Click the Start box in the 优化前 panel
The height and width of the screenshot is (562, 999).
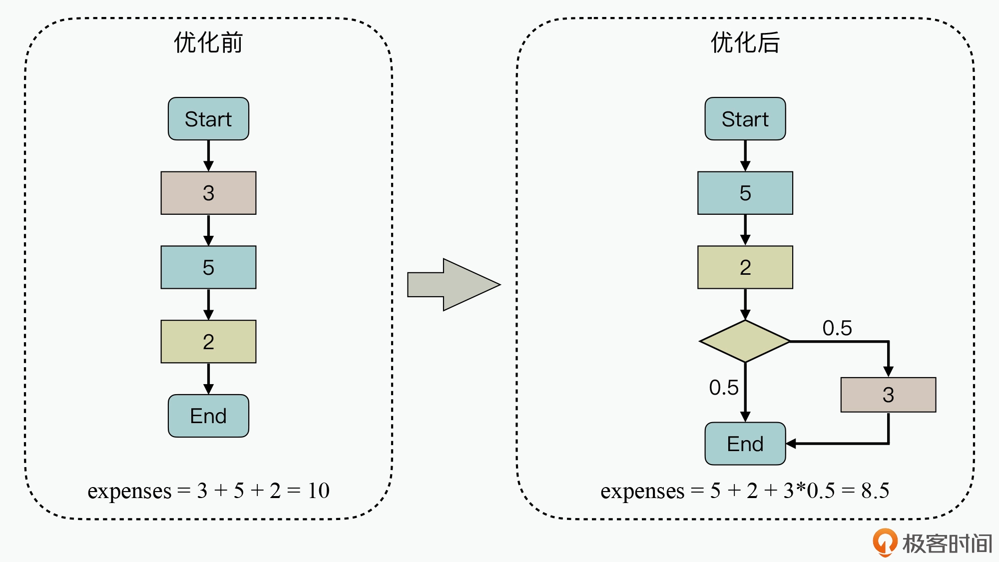coord(208,119)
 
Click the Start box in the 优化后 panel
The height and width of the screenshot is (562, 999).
coord(745,119)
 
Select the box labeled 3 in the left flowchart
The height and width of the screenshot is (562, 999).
coord(208,193)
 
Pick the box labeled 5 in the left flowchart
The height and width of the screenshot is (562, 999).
coord(208,267)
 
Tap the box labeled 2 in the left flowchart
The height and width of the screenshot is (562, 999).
coord(208,342)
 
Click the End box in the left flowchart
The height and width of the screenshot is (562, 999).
coord(208,416)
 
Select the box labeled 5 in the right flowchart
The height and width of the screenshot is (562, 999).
coord(745,193)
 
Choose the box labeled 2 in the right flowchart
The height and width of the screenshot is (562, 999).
coord(745,267)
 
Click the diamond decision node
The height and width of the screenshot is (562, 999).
coord(745,341)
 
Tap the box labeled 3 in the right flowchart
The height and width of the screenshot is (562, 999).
coord(888,395)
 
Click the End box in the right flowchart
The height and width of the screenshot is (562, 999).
coord(745,444)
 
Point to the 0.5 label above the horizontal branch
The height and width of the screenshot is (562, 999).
coord(837,328)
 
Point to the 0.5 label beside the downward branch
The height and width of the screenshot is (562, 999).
coord(723,388)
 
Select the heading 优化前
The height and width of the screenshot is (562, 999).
coord(208,42)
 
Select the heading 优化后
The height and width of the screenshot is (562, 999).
coord(745,42)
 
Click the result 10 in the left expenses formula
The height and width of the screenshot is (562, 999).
coord(318,491)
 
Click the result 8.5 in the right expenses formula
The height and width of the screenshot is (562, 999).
coord(875,491)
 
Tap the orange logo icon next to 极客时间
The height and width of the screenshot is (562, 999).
coord(885,542)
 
